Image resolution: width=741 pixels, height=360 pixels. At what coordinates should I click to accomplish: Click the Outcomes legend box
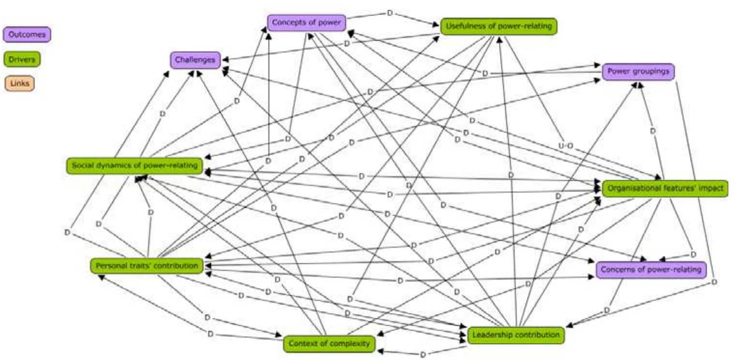point(27,35)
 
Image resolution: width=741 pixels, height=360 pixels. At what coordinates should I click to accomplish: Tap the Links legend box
point(19,83)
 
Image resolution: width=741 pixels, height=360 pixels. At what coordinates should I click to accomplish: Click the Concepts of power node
point(307,22)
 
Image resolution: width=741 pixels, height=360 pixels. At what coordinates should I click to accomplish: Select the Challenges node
point(195,60)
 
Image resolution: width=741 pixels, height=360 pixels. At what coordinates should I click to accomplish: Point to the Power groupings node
point(638,71)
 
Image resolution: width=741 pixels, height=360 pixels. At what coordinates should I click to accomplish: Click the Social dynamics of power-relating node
point(134,165)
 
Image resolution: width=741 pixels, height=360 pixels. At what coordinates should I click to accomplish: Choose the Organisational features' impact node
point(665,188)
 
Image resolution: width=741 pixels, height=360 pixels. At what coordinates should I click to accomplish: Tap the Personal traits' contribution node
point(147,266)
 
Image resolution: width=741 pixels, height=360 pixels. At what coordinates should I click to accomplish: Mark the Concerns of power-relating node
point(650,270)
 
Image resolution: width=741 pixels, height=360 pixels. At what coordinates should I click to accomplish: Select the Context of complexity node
point(329,344)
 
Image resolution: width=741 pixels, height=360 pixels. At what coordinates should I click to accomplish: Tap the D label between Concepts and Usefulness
point(390,13)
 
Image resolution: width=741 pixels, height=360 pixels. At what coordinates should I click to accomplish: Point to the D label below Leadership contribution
point(423,355)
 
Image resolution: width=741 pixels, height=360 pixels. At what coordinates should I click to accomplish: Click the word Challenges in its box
point(195,60)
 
